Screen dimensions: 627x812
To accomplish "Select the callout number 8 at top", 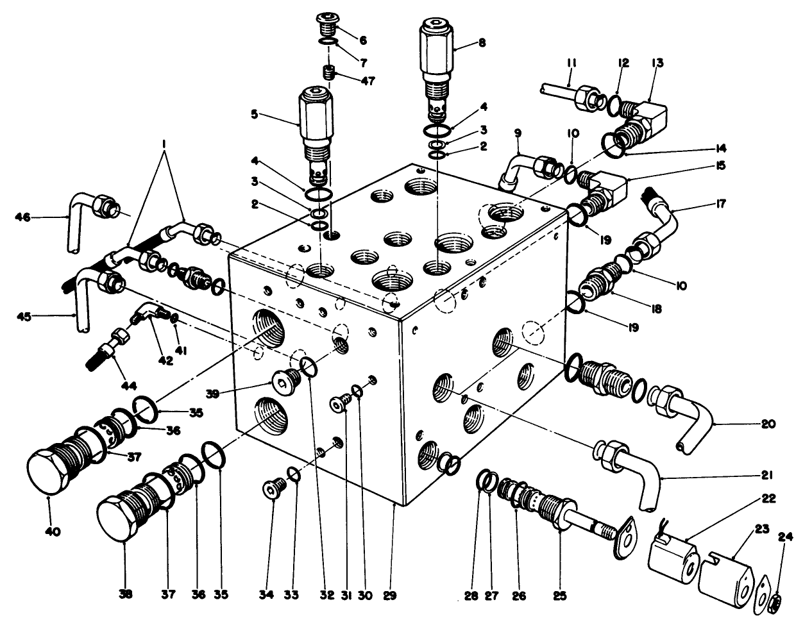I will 482,44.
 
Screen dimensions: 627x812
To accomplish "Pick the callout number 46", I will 23,217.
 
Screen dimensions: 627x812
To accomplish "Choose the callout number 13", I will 657,63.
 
